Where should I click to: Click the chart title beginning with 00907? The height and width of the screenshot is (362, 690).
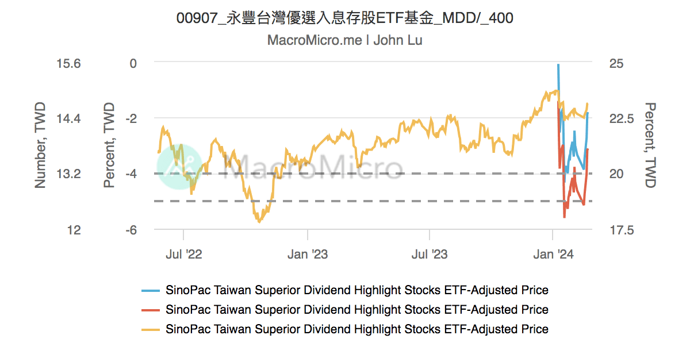tap(344, 18)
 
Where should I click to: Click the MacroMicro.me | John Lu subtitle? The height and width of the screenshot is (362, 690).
tap(344, 40)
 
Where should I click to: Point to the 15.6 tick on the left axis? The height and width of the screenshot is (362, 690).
tap(68, 63)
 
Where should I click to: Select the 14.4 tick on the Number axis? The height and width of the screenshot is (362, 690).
tap(68, 119)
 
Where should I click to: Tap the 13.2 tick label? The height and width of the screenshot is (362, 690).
tap(68, 174)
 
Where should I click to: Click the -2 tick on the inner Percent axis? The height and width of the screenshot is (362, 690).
tap(132, 119)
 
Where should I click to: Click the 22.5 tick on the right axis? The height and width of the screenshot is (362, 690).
tap(621, 119)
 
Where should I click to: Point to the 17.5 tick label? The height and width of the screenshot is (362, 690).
tap(621, 230)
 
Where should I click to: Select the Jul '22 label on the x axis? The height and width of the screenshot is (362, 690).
tap(183, 254)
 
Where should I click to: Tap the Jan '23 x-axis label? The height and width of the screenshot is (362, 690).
tap(308, 254)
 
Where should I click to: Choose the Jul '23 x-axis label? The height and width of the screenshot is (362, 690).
tap(430, 254)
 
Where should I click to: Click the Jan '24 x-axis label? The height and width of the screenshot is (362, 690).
tap(553, 254)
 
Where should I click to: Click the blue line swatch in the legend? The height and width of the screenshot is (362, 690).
tap(151, 290)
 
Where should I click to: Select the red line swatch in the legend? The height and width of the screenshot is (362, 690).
tap(151, 310)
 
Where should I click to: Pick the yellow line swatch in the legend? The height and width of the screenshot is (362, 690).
tap(151, 329)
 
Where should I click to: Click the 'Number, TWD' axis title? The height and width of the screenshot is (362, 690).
tap(40, 146)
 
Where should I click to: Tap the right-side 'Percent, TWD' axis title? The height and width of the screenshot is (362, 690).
tap(650, 146)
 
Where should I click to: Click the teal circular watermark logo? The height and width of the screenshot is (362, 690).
tap(179, 167)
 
